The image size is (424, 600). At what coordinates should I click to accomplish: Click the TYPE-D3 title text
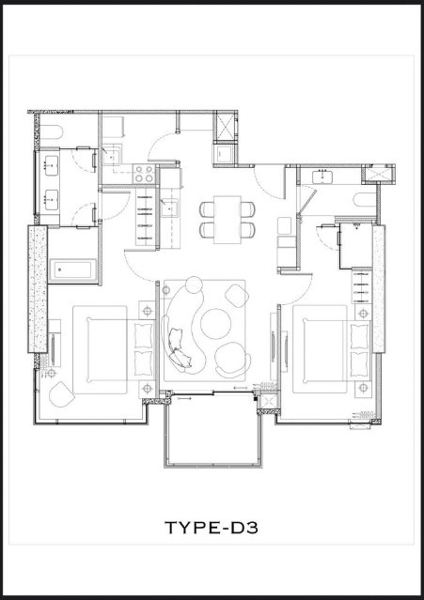[212, 528]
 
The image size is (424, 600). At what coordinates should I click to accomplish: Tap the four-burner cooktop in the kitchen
[144, 174]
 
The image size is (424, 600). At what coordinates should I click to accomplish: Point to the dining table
[228, 220]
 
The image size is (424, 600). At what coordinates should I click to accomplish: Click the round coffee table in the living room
[215, 324]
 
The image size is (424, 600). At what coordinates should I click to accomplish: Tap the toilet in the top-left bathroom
[52, 133]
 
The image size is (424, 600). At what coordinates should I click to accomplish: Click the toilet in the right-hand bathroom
[366, 200]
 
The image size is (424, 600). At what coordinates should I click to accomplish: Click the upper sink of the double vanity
[51, 165]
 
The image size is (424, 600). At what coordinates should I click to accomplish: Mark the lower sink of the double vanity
[51, 200]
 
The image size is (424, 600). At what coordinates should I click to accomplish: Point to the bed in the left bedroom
[114, 349]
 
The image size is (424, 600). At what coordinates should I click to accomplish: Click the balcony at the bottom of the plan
[213, 430]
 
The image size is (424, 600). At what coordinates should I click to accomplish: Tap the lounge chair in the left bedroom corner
[61, 394]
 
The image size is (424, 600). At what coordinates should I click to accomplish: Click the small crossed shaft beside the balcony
[268, 402]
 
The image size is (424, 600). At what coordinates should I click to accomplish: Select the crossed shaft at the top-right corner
[378, 173]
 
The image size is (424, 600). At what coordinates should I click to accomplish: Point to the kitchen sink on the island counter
[169, 208]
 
